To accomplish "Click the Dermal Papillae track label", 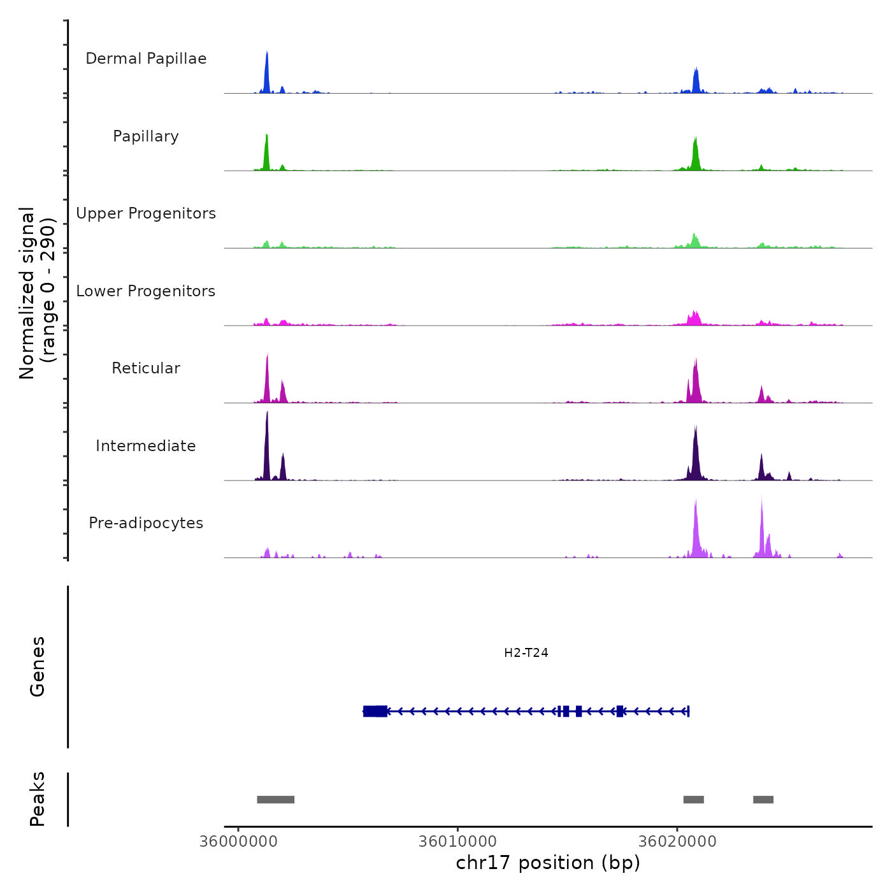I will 146,59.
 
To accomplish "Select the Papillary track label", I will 146,136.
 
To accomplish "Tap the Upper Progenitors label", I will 146,213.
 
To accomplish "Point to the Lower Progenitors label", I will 146,291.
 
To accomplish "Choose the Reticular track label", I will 146,368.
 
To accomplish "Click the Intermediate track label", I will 146,446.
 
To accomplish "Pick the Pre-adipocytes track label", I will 146,523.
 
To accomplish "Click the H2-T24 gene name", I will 526,652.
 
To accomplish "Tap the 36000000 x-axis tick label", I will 238,841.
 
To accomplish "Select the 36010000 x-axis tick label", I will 457,841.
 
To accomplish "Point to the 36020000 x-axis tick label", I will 677,841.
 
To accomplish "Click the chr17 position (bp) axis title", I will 548,863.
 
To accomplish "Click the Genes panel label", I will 38,666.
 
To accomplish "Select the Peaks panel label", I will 38,799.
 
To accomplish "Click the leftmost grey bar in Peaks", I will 275,800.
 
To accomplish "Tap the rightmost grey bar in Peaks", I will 763,800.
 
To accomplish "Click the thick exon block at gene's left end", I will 375,711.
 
